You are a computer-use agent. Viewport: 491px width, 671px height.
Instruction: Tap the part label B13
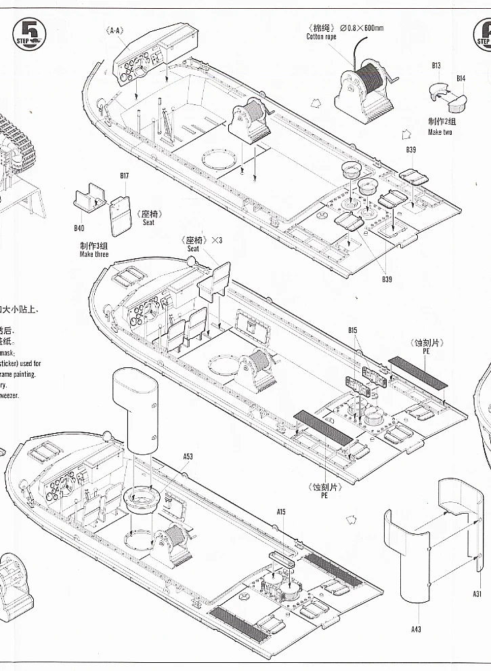(436, 66)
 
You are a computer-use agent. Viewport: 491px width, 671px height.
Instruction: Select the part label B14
(461, 79)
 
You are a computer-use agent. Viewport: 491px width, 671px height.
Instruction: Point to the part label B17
(125, 176)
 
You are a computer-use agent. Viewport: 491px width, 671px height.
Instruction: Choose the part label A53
(188, 456)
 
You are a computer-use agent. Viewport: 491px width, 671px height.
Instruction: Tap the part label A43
(416, 629)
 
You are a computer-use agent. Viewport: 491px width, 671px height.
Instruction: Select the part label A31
(477, 594)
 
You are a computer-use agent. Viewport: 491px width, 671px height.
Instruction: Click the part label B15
(352, 330)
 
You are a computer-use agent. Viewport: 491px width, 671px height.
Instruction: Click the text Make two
(440, 132)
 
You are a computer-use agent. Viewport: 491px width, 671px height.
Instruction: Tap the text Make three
(93, 254)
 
